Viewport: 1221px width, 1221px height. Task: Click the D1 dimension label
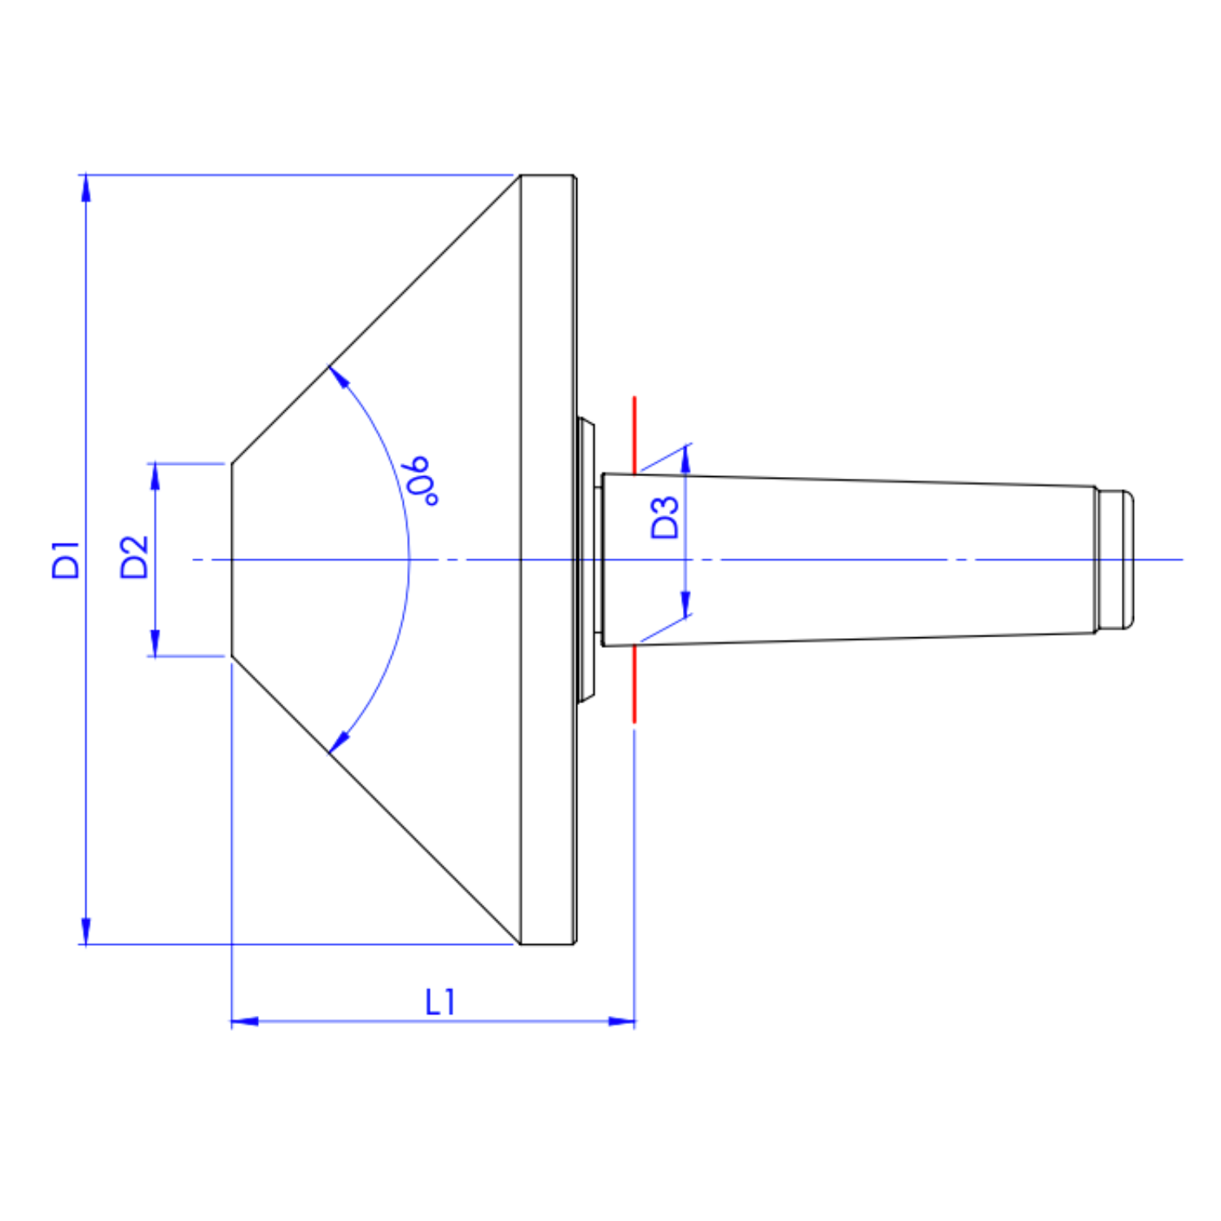66,559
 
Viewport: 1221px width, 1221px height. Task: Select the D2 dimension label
134,558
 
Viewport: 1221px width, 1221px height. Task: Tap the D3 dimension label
665,518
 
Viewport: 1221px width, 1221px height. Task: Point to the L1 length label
440,1002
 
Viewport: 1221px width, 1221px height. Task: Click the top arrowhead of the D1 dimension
86,188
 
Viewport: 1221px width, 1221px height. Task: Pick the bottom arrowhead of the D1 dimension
86,930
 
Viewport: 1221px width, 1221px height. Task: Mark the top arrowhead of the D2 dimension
155,477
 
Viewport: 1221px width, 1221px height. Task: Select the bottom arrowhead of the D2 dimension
155,642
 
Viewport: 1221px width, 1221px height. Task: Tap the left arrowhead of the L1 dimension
245,1021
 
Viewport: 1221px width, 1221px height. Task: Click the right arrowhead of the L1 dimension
621,1021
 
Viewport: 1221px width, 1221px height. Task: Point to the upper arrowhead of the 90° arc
339,377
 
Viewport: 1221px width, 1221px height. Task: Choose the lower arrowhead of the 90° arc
339,742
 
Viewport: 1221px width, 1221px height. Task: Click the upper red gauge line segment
635,435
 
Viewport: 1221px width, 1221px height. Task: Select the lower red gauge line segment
635,684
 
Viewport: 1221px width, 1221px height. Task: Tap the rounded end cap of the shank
1115,559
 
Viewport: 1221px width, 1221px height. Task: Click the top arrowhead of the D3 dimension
685,460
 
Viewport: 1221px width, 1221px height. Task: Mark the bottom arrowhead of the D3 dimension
685,603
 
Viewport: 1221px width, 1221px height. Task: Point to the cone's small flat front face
232,559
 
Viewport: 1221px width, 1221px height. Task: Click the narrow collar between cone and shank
587,560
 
